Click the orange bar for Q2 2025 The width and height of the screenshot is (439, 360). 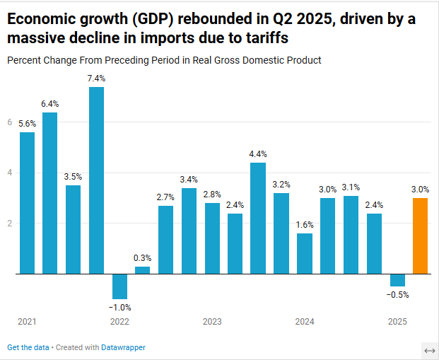[420, 236]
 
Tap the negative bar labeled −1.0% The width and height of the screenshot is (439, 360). [119, 286]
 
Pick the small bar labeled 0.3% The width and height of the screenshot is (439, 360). [142, 269]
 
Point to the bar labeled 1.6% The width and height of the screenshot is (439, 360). [305, 253]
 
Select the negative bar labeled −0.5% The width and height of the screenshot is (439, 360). [397, 279]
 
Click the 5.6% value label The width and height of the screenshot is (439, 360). [27, 124]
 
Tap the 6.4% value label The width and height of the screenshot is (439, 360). [49, 104]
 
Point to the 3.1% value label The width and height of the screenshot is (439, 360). [351, 187]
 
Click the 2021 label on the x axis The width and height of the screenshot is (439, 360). [27, 322]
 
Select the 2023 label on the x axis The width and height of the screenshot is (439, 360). [212, 322]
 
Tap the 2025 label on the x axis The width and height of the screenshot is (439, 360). [397, 322]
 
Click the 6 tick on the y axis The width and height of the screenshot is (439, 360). [10, 122]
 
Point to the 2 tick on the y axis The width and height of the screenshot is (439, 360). [10, 223]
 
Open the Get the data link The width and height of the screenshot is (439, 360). [28, 347]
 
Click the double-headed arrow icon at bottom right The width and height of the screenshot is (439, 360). [429, 351]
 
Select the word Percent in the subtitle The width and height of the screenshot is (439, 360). [23, 60]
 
